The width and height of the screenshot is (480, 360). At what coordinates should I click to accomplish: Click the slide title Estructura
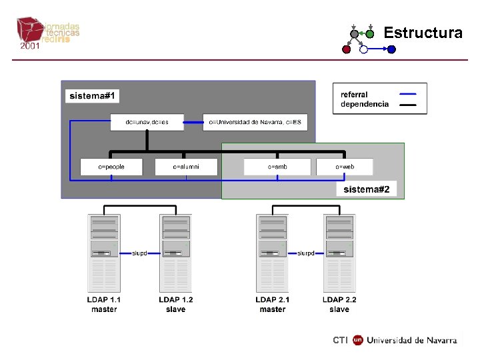click(423, 33)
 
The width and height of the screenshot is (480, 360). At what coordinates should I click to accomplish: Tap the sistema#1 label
click(93, 96)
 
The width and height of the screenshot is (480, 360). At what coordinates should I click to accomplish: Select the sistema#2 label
click(370, 190)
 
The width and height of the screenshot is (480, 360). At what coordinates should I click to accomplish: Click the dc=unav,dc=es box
click(147, 122)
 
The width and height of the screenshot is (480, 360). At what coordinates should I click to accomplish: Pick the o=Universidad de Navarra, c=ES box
click(255, 122)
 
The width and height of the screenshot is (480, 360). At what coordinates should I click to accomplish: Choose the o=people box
click(111, 166)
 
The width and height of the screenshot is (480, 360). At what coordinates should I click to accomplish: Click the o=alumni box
click(186, 166)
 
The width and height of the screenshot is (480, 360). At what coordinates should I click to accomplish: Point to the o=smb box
click(277, 166)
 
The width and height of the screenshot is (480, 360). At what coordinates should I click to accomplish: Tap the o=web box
click(344, 166)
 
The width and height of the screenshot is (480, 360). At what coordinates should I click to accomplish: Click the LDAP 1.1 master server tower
click(104, 253)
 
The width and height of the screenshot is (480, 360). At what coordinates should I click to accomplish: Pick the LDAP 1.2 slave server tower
click(176, 253)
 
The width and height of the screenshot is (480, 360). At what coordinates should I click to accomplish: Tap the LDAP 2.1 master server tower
click(273, 253)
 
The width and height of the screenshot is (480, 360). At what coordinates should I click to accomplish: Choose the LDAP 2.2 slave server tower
click(339, 253)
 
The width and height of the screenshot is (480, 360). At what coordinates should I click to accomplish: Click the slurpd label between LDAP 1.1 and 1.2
click(140, 253)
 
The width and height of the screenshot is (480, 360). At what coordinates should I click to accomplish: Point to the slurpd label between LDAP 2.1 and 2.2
click(306, 253)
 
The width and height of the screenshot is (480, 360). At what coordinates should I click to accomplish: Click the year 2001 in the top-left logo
click(29, 46)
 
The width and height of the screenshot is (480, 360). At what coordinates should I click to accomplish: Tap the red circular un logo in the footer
click(358, 340)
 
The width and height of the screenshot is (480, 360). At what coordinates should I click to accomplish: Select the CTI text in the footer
click(340, 340)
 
